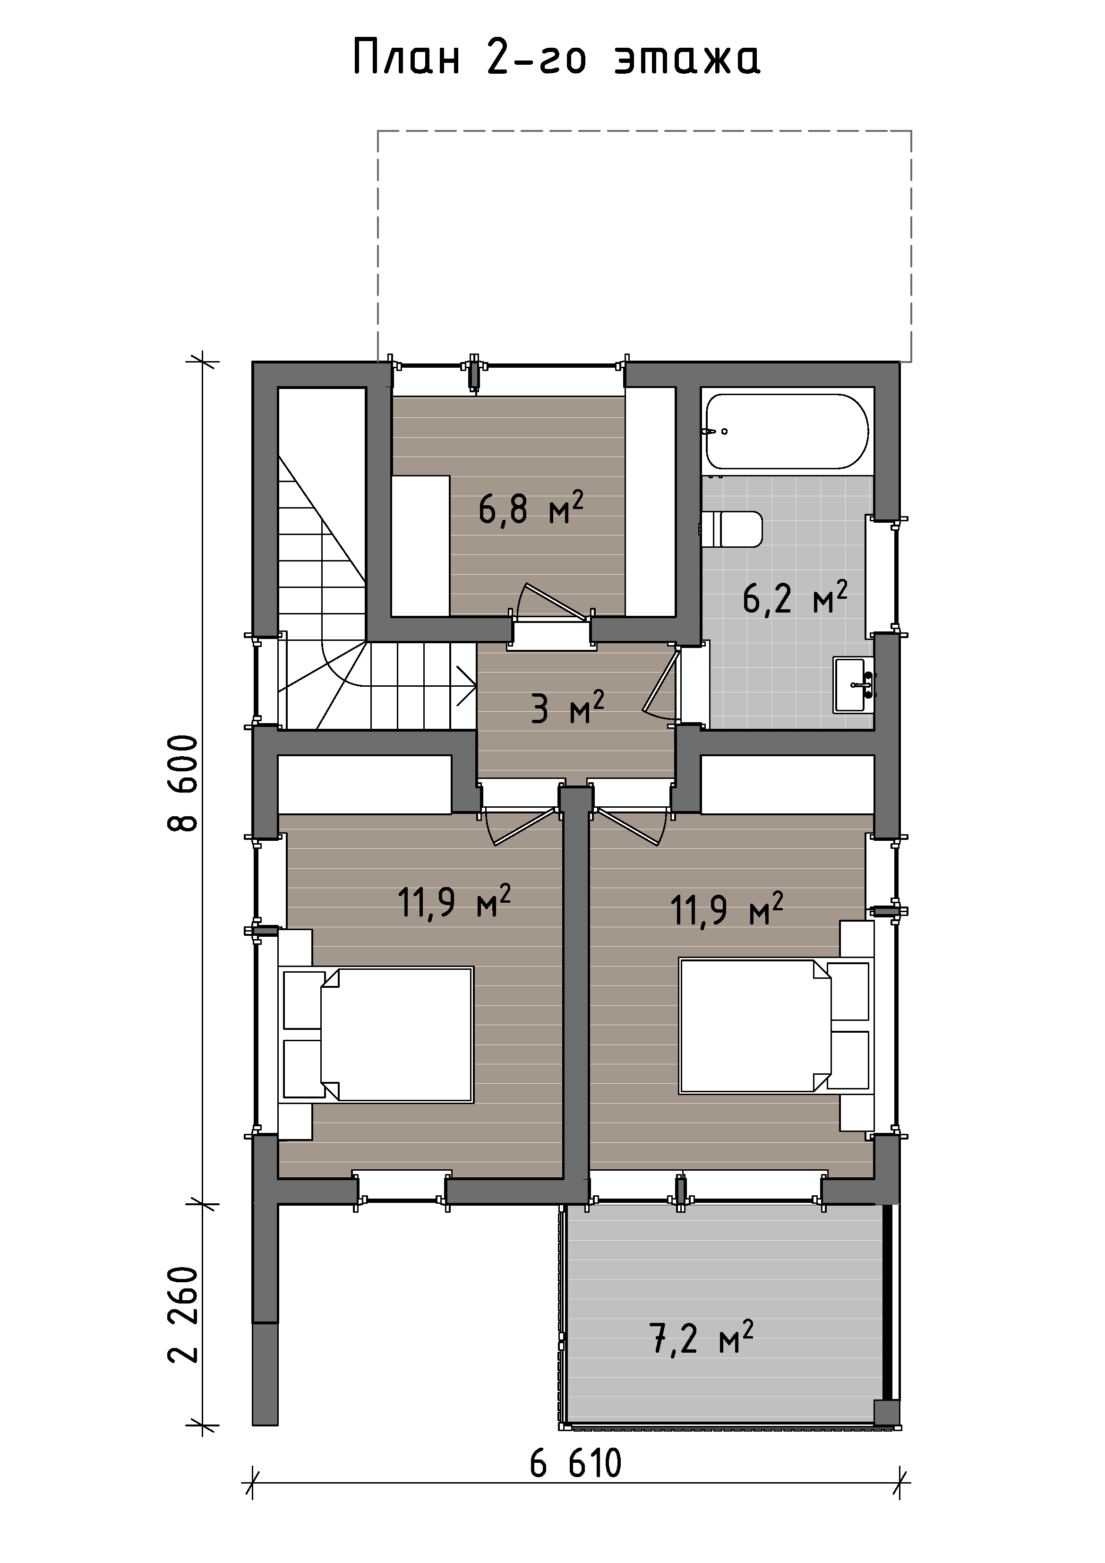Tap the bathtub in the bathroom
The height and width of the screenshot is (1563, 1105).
click(x=787, y=431)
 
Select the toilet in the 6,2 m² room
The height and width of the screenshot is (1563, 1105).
click(x=731, y=530)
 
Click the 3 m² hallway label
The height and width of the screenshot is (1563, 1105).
click(x=567, y=708)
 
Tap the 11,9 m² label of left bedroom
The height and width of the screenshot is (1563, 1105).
click(x=454, y=901)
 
